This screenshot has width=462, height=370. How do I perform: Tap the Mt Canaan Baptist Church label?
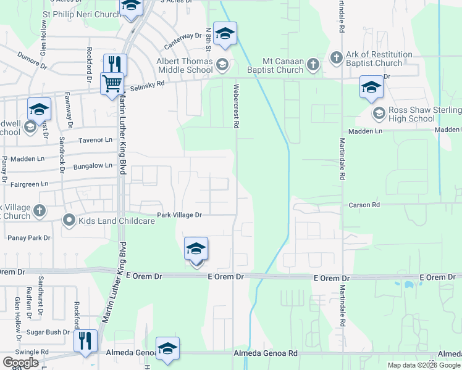283,65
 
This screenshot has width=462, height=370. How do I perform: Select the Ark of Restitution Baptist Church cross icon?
337,58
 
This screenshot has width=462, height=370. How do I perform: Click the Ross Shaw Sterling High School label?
421,114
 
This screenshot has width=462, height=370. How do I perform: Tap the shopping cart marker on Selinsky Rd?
112,83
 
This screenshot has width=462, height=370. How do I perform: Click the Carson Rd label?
364,204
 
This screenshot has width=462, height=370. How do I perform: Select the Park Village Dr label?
179,215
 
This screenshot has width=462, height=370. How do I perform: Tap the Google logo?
20,363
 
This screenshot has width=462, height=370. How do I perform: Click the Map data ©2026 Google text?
424,365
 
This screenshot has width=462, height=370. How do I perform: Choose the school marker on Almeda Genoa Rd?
167,348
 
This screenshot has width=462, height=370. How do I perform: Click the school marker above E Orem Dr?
196,250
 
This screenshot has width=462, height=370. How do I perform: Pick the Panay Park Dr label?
29,237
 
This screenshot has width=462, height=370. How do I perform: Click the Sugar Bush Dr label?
52,332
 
